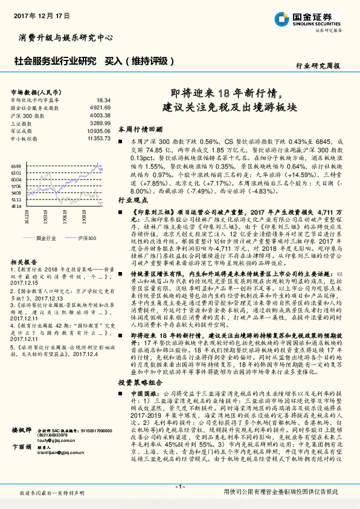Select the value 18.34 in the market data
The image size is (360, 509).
pyautogui.click(x=103, y=100)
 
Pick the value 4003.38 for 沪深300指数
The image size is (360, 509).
pyautogui.click(x=99, y=115)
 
